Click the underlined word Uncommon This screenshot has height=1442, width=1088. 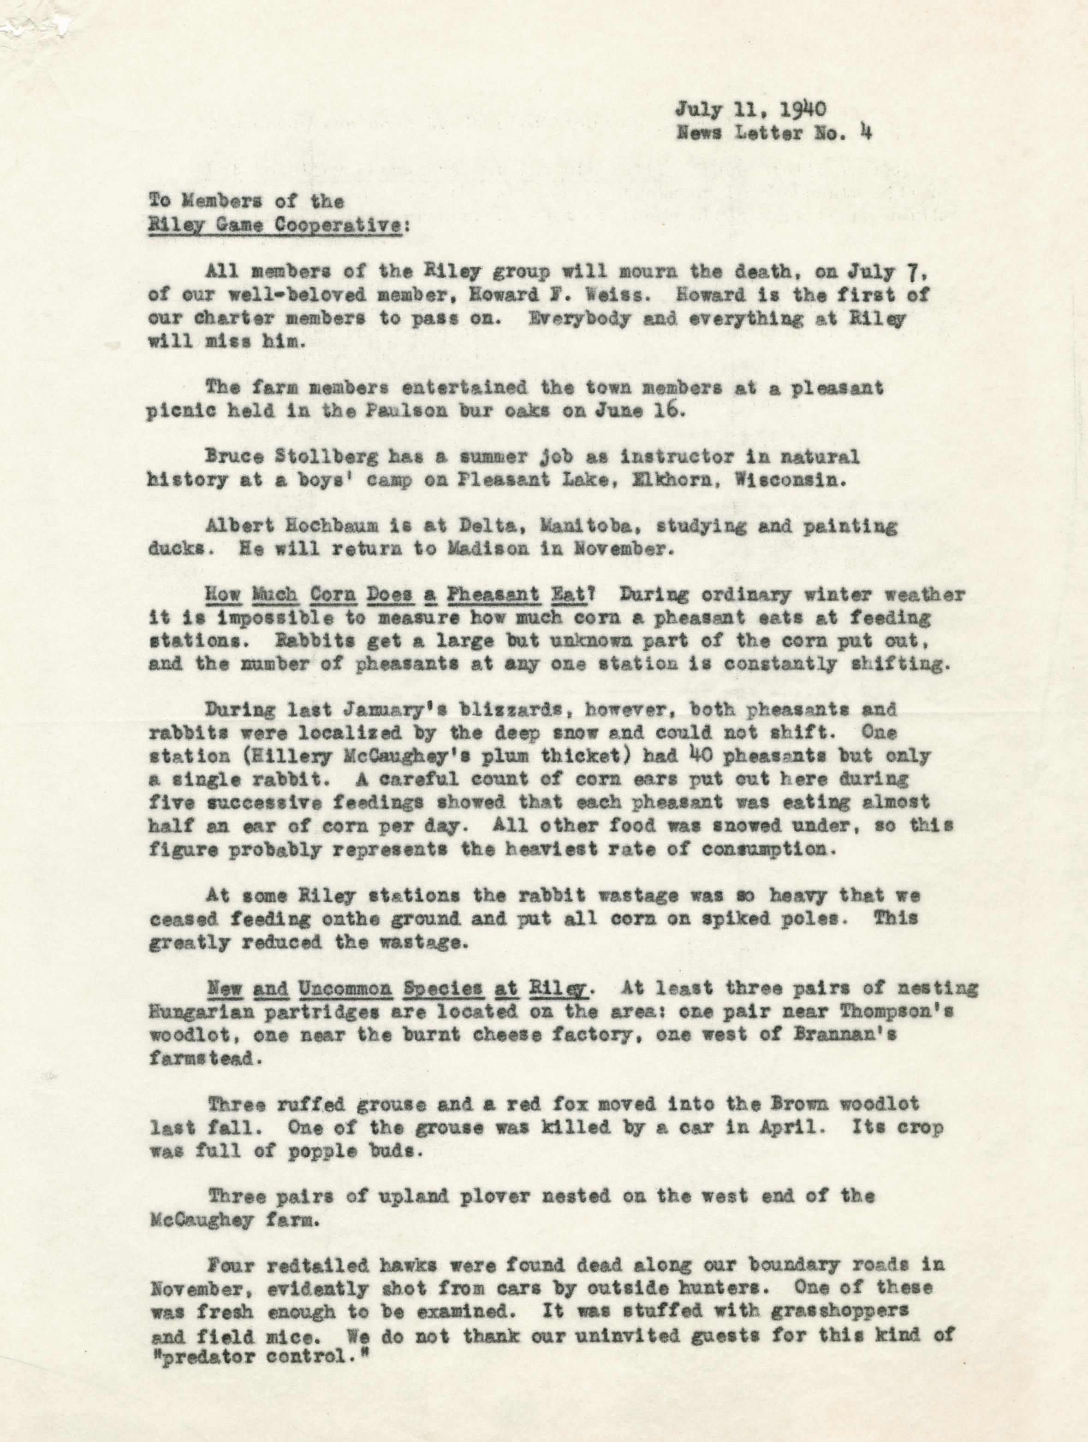click(x=345, y=988)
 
